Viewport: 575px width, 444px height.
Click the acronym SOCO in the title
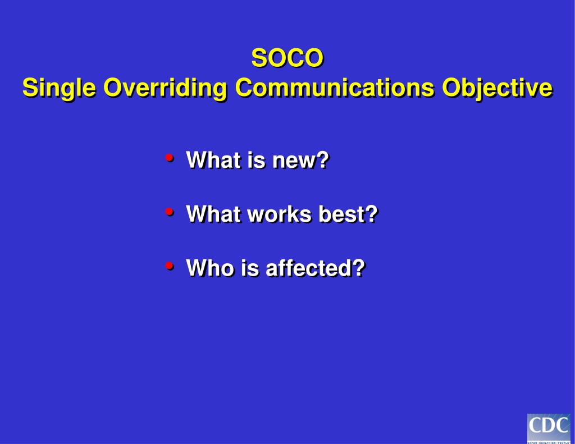tap(287, 58)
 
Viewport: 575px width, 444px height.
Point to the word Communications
tap(334, 88)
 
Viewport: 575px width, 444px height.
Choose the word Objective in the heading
tap(497, 89)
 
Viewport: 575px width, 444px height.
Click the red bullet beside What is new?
tap(169, 158)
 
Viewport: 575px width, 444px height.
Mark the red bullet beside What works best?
tap(169, 212)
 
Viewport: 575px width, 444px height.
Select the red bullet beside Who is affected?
tap(169, 266)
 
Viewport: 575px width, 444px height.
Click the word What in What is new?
tap(208, 161)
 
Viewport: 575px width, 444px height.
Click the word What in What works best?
tap(208, 214)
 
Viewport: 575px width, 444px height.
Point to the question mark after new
tap(322, 161)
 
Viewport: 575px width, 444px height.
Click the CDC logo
tap(549, 428)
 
